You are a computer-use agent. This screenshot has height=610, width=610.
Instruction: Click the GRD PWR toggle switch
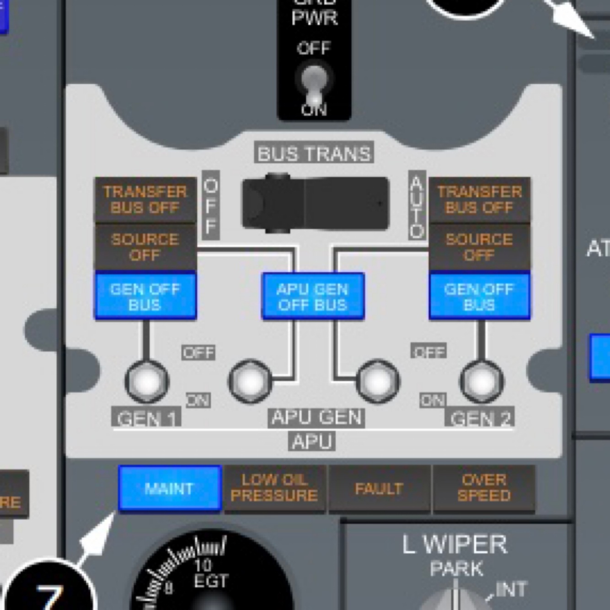(x=314, y=85)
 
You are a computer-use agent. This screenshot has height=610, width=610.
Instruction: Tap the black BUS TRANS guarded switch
(x=315, y=202)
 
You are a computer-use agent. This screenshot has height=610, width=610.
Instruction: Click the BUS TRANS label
(x=314, y=154)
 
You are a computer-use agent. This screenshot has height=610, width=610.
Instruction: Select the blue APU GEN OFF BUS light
(x=313, y=296)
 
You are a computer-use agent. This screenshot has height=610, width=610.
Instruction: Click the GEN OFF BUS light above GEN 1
(x=145, y=296)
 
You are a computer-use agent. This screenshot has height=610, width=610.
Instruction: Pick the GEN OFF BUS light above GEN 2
(x=479, y=296)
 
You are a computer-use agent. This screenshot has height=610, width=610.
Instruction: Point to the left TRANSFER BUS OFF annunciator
(x=145, y=200)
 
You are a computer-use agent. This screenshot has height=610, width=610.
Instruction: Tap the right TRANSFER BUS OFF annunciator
(x=479, y=200)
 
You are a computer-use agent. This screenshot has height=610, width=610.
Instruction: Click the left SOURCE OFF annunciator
(x=145, y=247)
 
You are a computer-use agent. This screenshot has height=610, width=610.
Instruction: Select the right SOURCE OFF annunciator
(x=479, y=247)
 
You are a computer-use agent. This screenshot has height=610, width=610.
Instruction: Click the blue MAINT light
(x=170, y=488)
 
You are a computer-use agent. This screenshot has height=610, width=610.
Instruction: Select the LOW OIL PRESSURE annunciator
(x=274, y=488)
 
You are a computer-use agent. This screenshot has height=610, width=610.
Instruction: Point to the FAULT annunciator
(x=379, y=488)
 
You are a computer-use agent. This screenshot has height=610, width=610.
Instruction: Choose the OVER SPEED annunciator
(x=484, y=488)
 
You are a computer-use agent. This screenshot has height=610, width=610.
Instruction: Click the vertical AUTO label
(x=417, y=206)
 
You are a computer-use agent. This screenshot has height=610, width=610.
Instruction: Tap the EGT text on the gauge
(x=210, y=582)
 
